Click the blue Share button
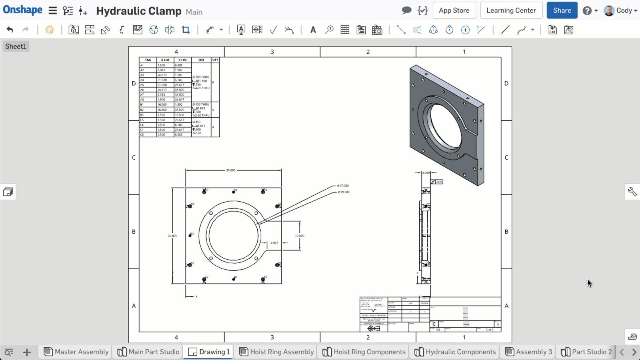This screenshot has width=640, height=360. pos(562,10)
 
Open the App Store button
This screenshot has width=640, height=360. pos(454,10)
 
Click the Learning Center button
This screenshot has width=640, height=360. pos(511,10)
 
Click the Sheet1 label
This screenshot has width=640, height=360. pos(16,46)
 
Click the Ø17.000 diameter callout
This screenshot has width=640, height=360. pos(343,186)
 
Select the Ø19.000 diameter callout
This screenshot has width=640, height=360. pos(344,192)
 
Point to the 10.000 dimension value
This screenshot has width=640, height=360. pos(299,236)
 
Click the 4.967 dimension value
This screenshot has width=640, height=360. pos(274,243)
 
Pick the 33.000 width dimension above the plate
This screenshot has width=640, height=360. pos(231,170)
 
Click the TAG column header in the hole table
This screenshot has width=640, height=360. pos(148,60)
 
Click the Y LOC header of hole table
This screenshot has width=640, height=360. pos(183,60)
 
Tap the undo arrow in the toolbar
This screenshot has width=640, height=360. pos(10,30)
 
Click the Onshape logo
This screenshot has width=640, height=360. pos(22,10)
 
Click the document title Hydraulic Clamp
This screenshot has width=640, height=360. pos(138,11)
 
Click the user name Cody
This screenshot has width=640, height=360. pos(624,10)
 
